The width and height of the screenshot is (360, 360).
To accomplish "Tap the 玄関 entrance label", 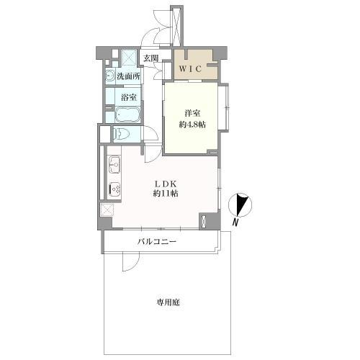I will (x=150, y=58).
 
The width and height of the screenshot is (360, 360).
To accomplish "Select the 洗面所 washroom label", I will (x=129, y=75).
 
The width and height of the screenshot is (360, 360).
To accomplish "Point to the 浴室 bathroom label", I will (x=130, y=96).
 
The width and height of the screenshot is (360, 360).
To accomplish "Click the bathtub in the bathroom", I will (x=122, y=114).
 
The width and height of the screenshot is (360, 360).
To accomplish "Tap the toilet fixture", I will (x=120, y=134).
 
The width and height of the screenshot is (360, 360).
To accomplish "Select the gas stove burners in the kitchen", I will (x=114, y=189).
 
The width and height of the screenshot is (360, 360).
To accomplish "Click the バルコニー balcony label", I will (x=158, y=242).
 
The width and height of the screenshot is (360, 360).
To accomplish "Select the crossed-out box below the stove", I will (x=107, y=210).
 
